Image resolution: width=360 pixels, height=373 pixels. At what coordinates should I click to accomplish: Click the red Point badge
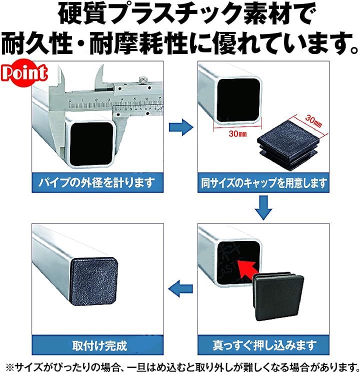[x=24, y=72]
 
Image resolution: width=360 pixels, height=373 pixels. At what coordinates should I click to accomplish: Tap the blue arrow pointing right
[x=181, y=127]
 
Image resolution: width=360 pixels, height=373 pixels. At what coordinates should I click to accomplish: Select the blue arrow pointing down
[x=263, y=207]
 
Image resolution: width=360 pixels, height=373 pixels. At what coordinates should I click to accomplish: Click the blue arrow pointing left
[x=180, y=288]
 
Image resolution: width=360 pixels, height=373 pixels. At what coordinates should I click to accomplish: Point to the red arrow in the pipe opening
[x=246, y=270]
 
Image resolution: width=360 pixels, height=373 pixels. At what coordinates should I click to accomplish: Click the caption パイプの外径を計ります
[x=97, y=183]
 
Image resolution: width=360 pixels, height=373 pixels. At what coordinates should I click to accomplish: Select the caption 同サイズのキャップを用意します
[x=263, y=183]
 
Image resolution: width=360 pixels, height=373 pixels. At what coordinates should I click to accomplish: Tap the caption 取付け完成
[x=99, y=345]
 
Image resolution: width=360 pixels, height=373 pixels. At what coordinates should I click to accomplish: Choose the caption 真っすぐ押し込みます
[x=264, y=345]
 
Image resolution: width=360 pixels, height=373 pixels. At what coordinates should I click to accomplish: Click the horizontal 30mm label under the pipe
[x=237, y=134]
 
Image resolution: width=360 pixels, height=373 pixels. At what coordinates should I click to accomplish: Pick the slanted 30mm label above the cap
[x=313, y=121]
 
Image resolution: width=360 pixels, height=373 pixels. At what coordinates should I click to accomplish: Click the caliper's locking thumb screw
[x=142, y=79]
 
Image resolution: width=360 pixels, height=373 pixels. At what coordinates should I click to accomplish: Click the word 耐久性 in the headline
[x=37, y=43]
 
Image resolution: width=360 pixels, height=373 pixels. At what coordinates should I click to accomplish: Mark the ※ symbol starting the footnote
[x=9, y=367]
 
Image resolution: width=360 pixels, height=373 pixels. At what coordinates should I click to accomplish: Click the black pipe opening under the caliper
[x=92, y=144]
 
